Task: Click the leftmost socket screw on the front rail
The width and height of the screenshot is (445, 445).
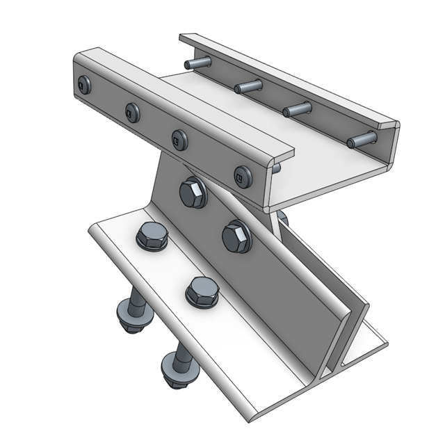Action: pyautogui.click(x=84, y=86)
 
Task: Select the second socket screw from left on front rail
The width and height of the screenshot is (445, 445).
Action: pyautogui.click(x=132, y=111)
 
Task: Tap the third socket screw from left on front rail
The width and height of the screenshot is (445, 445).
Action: pyautogui.click(x=179, y=139)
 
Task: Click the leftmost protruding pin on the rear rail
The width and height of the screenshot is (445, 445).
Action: pyautogui.click(x=198, y=63)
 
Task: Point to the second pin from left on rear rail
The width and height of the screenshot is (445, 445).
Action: pyautogui.click(x=248, y=86)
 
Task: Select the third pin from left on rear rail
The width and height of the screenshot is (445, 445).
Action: pyautogui.click(x=297, y=109)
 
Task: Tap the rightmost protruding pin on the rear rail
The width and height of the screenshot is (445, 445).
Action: pyautogui.click(x=361, y=140)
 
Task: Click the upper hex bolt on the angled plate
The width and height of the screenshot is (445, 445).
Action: pyautogui.click(x=193, y=193)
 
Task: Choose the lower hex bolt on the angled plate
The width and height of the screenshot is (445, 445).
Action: pyautogui.click(x=236, y=236)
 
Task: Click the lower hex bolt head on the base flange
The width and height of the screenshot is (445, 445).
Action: pyautogui.click(x=202, y=291)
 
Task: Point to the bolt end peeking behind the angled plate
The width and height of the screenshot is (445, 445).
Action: pyautogui.click(x=282, y=220)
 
